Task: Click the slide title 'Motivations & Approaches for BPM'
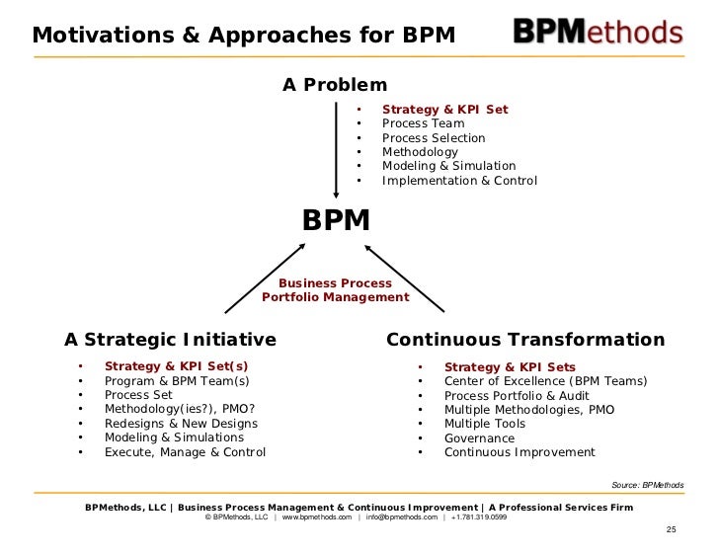(244, 36)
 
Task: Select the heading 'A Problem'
(335, 85)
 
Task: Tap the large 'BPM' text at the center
(336, 220)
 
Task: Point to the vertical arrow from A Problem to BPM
(336, 148)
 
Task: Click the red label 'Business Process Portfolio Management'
(335, 290)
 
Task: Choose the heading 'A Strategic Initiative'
(170, 340)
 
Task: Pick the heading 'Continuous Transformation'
(525, 340)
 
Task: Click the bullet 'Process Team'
(424, 123)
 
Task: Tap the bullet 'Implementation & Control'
(459, 181)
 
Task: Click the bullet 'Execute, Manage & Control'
(185, 452)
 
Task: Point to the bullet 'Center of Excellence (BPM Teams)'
(545, 380)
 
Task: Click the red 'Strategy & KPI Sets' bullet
(510, 366)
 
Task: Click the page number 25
(672, 530)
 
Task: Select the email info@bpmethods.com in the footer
(401, 517)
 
